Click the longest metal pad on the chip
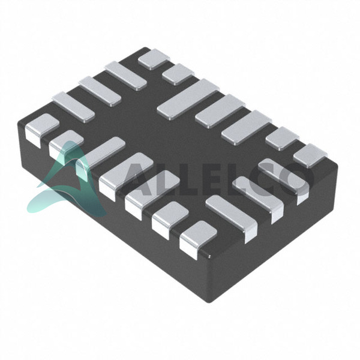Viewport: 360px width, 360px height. [x=188, y=99]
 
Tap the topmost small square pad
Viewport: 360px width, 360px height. [x=154, y=59]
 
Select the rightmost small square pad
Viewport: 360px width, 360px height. [x=310, y=155]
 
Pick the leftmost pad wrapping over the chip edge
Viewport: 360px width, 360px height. [x=42, y=130]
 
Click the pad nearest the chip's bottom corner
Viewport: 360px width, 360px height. [x=197, y=239]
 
